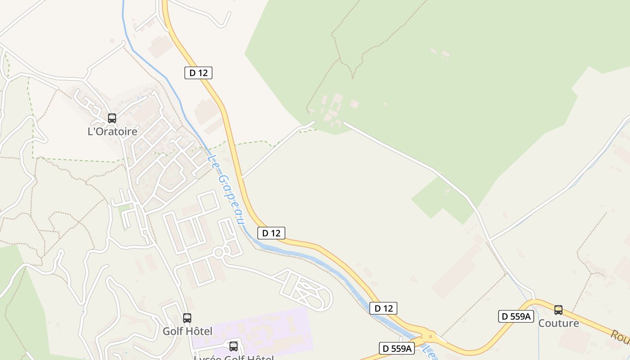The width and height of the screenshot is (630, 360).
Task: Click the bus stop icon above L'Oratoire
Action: click(112, 118)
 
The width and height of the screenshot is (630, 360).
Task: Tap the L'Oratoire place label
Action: click(112, 131)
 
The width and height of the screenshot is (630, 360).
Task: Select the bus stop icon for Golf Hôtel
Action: click(187, 318)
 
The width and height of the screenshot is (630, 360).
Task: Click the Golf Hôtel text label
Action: click(187, 331)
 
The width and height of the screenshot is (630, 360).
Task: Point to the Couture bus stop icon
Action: click(558, 310)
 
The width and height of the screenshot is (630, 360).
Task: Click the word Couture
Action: click(558, 323)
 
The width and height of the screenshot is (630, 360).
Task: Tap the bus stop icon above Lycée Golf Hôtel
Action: click(233, 346)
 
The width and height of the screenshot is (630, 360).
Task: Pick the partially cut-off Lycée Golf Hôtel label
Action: click(233, 357)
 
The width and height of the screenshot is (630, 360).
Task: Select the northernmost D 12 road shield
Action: click(198, 72)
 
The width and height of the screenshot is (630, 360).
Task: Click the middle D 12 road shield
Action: click(271, 233)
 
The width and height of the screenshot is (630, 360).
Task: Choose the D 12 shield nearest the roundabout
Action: click(383, 308)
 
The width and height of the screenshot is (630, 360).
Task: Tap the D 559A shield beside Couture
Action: click(516, 316)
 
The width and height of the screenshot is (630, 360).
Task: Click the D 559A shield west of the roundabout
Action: click(396, 348)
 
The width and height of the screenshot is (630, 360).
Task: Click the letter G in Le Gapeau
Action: click(221, 180)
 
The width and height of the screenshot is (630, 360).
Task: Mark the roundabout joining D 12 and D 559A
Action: click(431, 336)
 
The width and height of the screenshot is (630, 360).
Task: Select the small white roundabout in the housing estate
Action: click(219, 252)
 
